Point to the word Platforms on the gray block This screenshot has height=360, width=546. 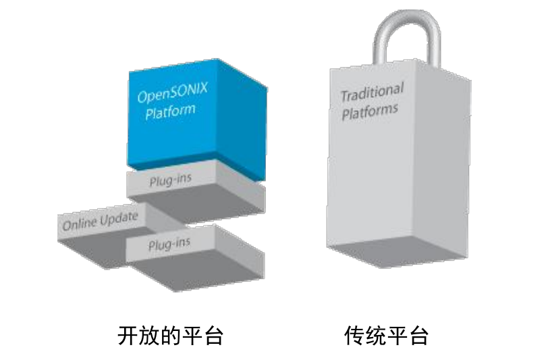[369, 110]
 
